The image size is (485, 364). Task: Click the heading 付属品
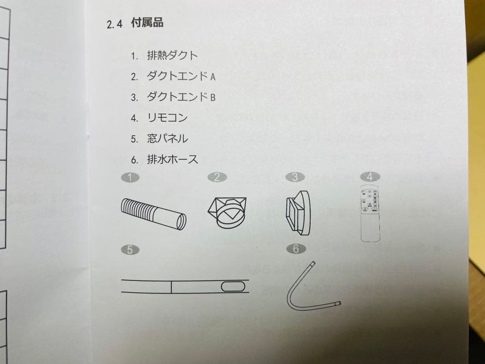point(147,23)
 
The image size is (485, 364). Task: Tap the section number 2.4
point(115,24)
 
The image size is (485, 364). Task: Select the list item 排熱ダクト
point(172,56)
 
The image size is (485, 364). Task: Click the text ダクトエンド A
point(181,76)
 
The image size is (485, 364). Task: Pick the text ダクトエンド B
point(181,97)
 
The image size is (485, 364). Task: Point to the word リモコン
point(167,118)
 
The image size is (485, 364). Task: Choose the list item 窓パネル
point(167,138)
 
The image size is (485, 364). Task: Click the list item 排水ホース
point(172,159)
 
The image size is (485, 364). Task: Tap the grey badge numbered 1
point(130,178)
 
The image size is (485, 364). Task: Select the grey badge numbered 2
point(217,178)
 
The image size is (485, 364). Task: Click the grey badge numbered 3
point(295,178)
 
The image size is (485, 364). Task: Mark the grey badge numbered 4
point(370,177)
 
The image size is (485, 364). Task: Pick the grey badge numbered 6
point(295,249)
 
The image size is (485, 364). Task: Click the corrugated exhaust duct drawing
point(153,214)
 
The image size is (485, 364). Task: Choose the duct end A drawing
point(227,210)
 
